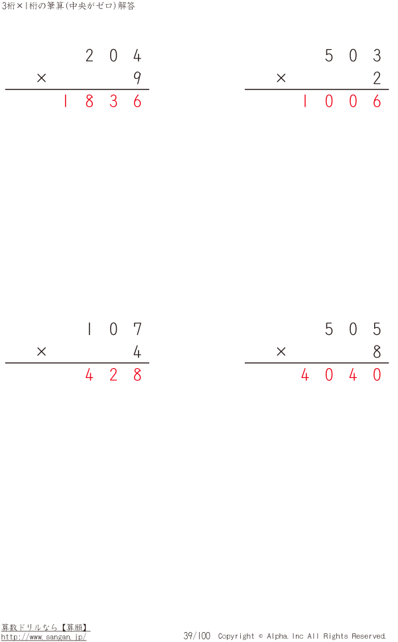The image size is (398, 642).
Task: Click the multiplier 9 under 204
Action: (x=137, y=78)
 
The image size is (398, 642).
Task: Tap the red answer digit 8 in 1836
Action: (x=90, y=101)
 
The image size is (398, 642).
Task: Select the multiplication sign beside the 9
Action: (x=41, y=78)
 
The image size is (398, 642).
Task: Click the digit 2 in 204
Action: (x=90, y=55)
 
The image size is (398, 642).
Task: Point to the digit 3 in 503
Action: (x=377, y=55)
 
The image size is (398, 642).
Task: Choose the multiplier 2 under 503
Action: (x=377, y=78)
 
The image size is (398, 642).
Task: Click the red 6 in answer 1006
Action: (x=377, y=101)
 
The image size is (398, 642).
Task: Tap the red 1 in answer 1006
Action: (x=305, y=101)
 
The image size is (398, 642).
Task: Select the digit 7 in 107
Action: (x=137, y=329)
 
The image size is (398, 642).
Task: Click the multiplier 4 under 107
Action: (x=137, y=352)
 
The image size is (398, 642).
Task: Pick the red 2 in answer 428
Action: (x=113, y=375)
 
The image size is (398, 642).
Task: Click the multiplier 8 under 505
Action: (x=377, y=352)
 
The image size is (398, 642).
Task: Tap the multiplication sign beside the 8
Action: (x=281, y=352)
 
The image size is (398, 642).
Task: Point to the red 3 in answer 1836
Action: (x=113, y=101)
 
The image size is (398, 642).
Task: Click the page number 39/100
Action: (x=196, y=635)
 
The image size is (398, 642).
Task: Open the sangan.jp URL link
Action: (x=44, y=637)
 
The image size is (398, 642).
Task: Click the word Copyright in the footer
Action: (x=236, y=636)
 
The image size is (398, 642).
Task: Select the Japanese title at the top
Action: (x=68, y=6)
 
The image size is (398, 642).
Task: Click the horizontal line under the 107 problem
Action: (x=77, y=363)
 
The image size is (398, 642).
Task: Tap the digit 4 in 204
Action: (x=137, y=55)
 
